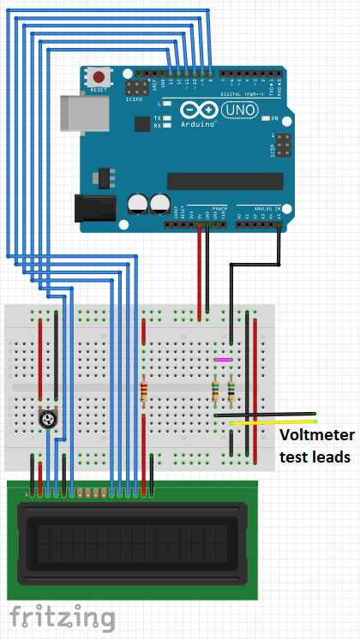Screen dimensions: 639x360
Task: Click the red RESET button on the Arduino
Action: pos(100,77)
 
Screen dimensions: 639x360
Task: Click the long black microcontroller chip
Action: pos(225,180)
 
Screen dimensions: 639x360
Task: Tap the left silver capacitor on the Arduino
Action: pos(137,204)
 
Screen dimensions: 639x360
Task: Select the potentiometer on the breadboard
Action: pos(49,418)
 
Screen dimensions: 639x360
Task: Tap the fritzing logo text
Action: pos(62,617)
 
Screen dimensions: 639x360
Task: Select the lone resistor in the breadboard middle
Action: pos(144,392)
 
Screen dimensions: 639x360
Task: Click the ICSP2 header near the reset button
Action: pos(135,88)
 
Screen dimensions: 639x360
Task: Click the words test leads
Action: pos(315,457)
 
